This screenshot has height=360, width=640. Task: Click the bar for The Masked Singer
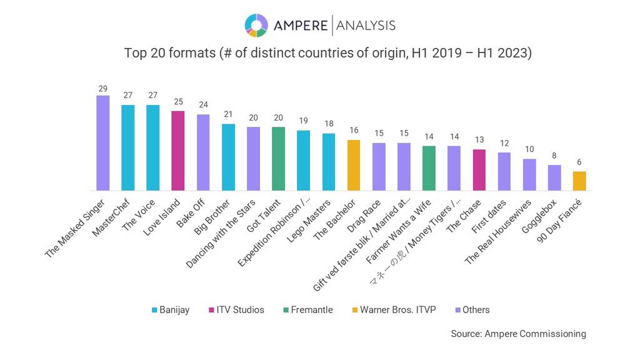pos(102,143)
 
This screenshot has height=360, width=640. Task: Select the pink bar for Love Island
pos(177,151)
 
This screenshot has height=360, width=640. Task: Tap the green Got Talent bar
pos(278,159)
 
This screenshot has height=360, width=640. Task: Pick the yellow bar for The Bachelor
pos(354,165)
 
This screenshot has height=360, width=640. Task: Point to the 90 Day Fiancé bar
pos(579,181)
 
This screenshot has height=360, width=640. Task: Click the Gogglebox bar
pos(554,177)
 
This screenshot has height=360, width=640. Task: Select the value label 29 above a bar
pos(102,89)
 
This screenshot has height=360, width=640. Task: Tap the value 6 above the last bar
pos(579,162)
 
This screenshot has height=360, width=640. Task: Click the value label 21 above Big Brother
pos(228,114)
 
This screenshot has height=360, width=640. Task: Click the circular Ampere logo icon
pos(256,26)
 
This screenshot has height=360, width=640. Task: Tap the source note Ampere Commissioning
pos(518,334)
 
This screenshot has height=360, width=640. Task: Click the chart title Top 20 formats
pos(327,53)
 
